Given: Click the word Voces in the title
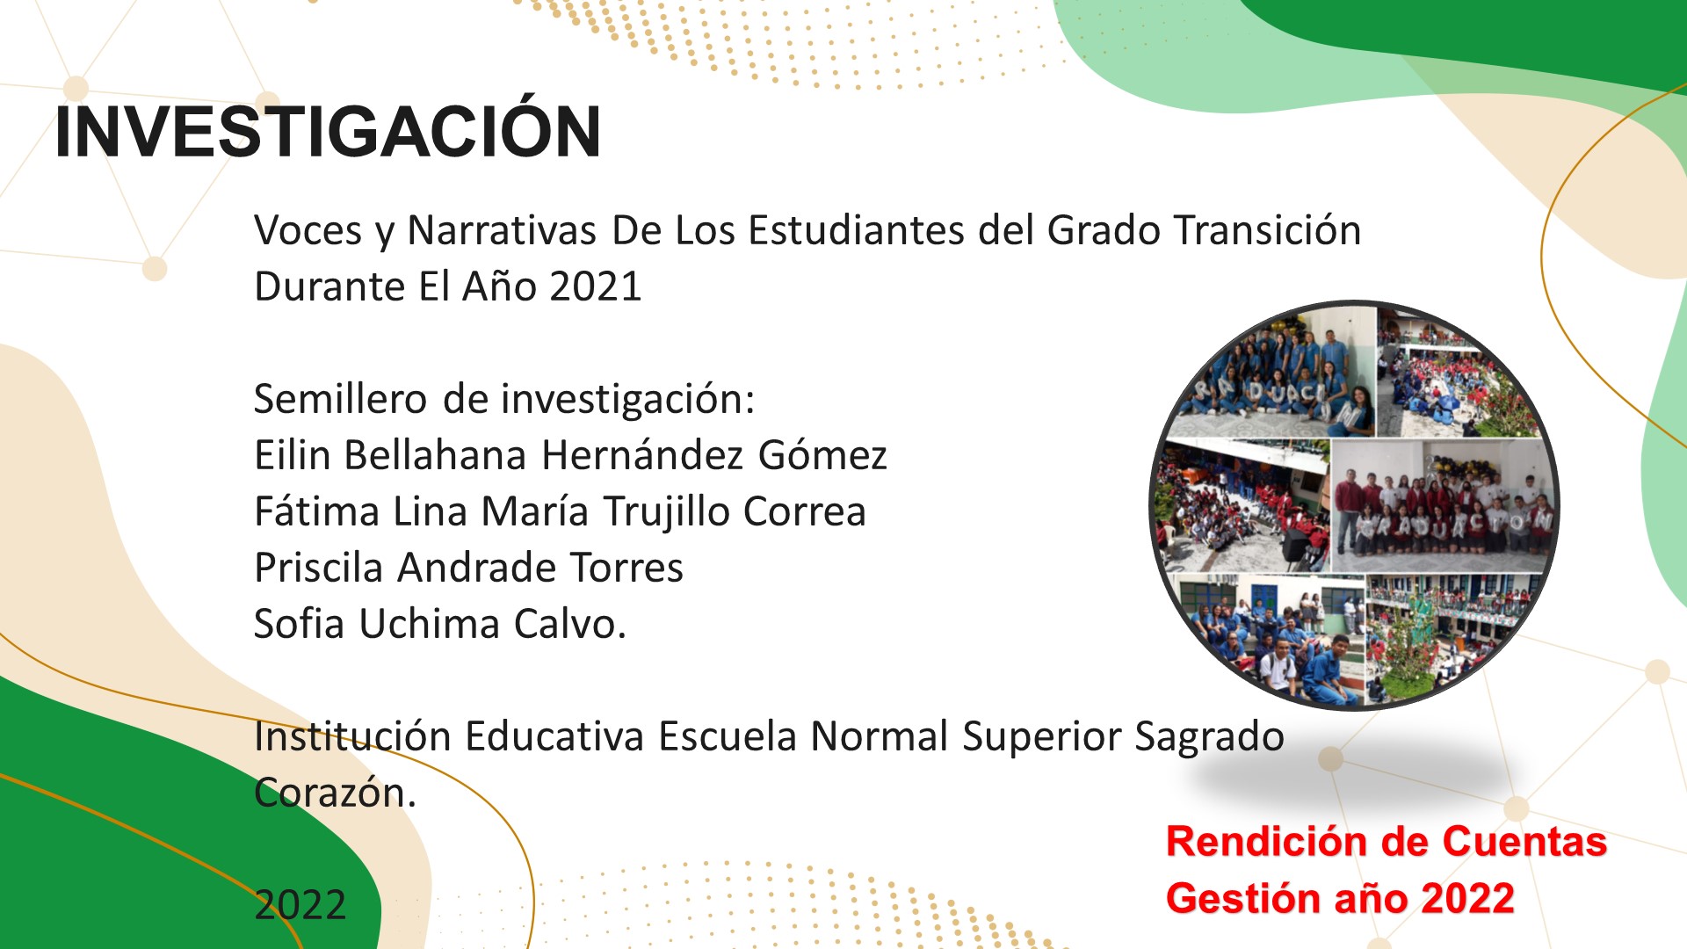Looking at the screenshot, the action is [308, 230].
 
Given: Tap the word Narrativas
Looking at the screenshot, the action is [502, 230].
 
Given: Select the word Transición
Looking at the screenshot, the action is [1268, 230].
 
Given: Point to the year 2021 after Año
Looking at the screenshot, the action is [595, 286].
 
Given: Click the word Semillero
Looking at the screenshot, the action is [340, 399].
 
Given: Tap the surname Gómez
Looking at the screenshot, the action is [822, 455].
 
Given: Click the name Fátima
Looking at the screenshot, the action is [316, 511].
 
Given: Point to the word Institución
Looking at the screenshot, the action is [352, 736].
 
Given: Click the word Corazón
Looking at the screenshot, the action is [335, 793].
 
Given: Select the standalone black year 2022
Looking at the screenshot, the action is [300, 905].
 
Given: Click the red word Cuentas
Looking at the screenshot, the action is [1524, 842].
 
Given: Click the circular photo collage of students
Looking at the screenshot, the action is [1354, 506].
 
